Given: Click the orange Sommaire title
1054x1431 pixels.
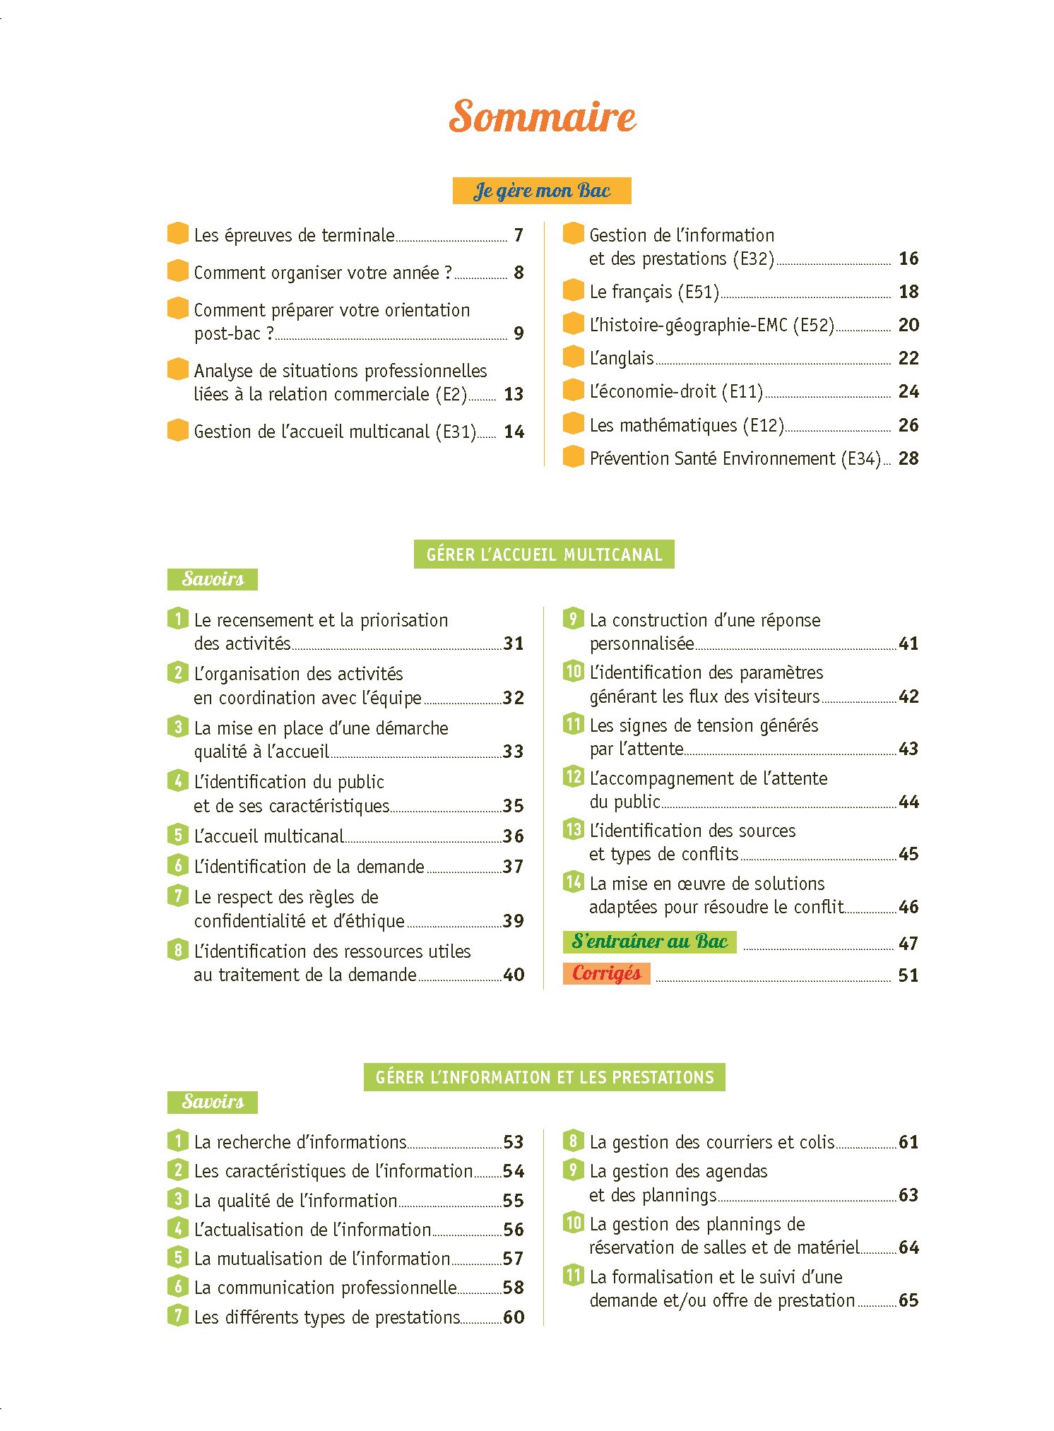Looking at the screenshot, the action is pyautogui.click(x=543, y=117).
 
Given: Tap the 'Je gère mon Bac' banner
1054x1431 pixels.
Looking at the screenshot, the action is pyautogui.click(x=542, y=191).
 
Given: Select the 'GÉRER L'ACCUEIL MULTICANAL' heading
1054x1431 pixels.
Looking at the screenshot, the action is pyautogui.click(x=544, y=554).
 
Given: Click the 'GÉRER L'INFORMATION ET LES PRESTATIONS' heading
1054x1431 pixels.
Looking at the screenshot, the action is pyautogui.click(x=545, y=1077).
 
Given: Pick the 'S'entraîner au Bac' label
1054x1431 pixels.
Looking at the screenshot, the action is pyautogui.click(x=649, y=942).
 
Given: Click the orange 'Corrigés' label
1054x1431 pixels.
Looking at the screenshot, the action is pyautogui.click(x=606, y=973).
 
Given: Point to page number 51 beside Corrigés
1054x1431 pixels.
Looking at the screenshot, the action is pyautogui.click(x=908, y=975).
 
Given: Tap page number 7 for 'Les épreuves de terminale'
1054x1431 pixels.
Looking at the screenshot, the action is pyautogui.click(x=519, y=235).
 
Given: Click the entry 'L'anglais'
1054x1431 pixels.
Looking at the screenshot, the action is pyautogui.click(x=622, y=358).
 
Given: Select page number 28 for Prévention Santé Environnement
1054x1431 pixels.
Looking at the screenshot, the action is pyautogui.click(x=908, y=458).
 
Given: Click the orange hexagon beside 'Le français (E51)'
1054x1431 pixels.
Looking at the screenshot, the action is pyautogui.click(x=574, y=290).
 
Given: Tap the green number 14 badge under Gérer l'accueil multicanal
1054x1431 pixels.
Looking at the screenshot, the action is pyautogui.click(x=573, y=882).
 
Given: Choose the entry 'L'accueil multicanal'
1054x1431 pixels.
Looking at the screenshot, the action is pyautogui.click(x=268, y=836).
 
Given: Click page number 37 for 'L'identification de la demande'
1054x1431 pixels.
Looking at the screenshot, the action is pyautogui.click(x=514, y=867).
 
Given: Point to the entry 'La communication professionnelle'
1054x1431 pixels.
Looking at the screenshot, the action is pyautogui.click(x=325, y=1288).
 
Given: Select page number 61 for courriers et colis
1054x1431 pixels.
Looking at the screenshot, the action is pyautogui.click(x=908, y=1142).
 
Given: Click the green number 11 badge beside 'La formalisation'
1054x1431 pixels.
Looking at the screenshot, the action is pyautogui.click(x=573, y=1276).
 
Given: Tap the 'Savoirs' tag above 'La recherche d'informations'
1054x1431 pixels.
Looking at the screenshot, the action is pyautogui.click(x=213, y=1102).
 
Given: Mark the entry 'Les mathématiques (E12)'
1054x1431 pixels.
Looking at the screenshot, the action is pyautogui.click(x=687, y=425).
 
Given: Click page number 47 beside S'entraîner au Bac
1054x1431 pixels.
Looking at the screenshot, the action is pyautogui.click(x=908, y=944).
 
